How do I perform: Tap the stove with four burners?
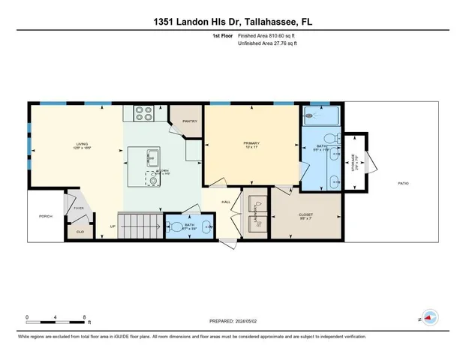(143, 113)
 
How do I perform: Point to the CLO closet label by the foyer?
(80, 232)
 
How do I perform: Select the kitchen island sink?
(153, 157)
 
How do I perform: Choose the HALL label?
(225, 202)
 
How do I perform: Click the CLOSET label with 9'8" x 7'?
(305, 215)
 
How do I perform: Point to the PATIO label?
(403, 183)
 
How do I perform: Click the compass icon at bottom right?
(429, 318)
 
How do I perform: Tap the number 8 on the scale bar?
(85, 316)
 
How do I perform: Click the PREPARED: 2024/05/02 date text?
(233, 321)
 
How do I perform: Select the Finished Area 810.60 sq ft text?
(267, 35)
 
